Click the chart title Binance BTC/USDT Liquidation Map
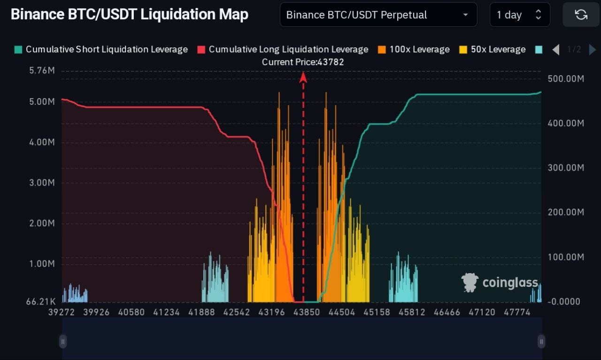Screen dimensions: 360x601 pyautogui.click(x=129, y=15)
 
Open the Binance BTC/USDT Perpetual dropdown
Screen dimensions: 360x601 pyautogui.click(x=378, y=15)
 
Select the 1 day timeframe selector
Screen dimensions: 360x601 pyautogui.click(x=520, y=15)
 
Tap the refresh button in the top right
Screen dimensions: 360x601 pyautogui.click(x=581, y=15)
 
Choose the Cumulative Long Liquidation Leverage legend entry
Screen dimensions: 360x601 pyautogui.click(x=283, y=49)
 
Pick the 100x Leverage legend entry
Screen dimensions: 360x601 pyautogui.click(x=414, y=49)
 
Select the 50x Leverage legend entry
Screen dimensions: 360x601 pyautogui.click(x=493, y=49)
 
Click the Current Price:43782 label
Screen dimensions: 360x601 pyautogui.click(x=303, y=62)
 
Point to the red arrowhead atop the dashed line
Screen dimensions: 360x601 pyautogui.click(x=303, y=77)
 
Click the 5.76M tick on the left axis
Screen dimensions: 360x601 pyautogui.click(x=42, y=71)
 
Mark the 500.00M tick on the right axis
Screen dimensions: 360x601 pyautogui.click(x=565, y=78)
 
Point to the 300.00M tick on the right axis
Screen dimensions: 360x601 pyautogui.click(x=565, y=168)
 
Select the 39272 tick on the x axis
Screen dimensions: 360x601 pyautogui.click(x=62, y=312)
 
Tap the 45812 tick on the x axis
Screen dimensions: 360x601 pyautogui.click(x=412, y=312)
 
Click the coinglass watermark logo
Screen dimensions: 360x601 pyautogui.click(x=500, y=282)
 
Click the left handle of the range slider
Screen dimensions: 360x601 pyautogui.click(x=63, y=341)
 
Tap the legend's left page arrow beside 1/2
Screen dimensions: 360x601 pyautogui.click(x=555, y=49)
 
